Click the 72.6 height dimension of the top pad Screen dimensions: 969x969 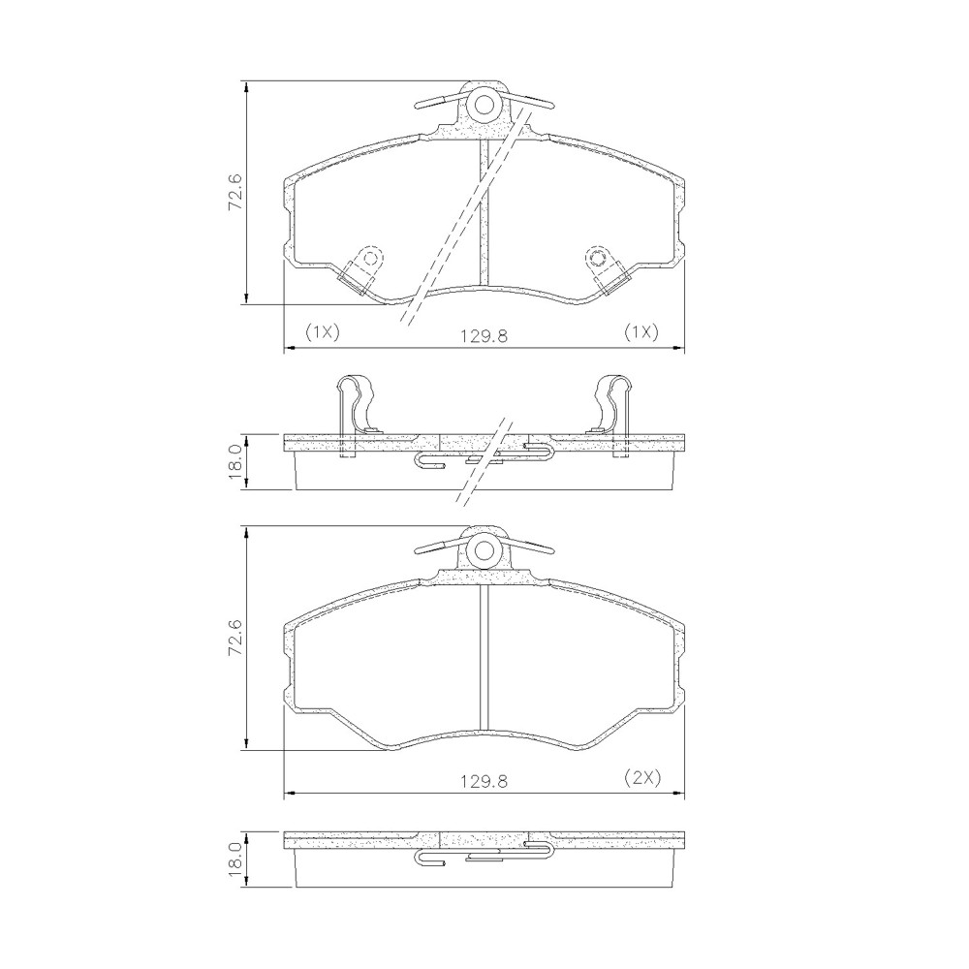(x=235, y=192)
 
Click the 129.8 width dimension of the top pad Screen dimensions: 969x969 (x=484, y=335)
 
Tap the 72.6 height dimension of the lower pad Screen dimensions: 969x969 (x=235, y=638)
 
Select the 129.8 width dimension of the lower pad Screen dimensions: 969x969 (x=484, y=781)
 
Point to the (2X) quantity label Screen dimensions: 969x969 (x=642, y=777)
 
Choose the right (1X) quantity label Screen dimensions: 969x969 (x=641, y=332)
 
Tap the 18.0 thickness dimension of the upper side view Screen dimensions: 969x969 (x=235, y=462)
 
